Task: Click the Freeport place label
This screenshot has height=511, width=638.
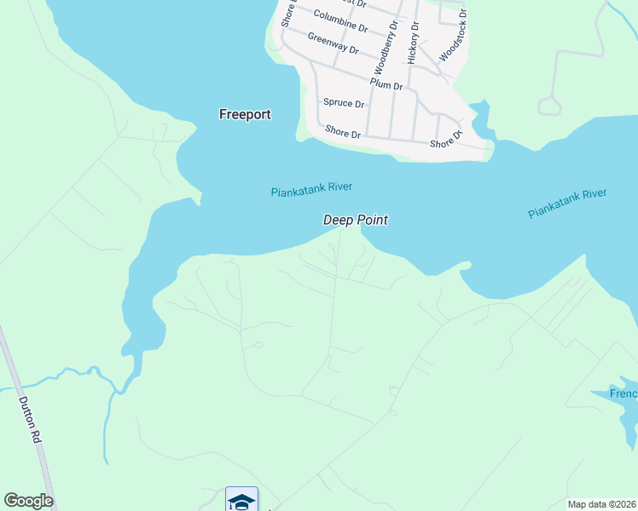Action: [x=245, y=114]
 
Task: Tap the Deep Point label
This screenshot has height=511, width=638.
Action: [x=356, y=220]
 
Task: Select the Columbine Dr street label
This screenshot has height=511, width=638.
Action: [x=340, y=20]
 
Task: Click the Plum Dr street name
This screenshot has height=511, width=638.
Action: [x=386, y=85]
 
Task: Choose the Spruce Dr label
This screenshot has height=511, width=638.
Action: [x=344, y=103]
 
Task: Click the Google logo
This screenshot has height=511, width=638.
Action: [x=28, y=501]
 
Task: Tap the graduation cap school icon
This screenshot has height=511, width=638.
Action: [x=241, y=501]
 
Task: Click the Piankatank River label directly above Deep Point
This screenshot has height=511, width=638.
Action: [x=311, y=190]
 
